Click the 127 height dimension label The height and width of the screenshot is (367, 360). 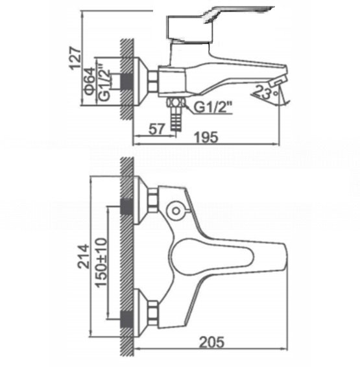coord(76,58)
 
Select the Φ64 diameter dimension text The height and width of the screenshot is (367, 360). coord(90,81)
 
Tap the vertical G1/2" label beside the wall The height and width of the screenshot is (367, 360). coord(104,82)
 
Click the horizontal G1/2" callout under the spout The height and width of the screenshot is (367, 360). coord(213,107)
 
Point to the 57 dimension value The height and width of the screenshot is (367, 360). coord(157,129)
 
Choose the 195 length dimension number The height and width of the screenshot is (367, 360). coord(207,137)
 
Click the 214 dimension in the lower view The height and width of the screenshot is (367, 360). coord(84,256)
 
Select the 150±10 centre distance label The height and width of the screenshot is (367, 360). coord(101,263)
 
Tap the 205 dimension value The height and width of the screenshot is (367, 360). coord(211,342)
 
